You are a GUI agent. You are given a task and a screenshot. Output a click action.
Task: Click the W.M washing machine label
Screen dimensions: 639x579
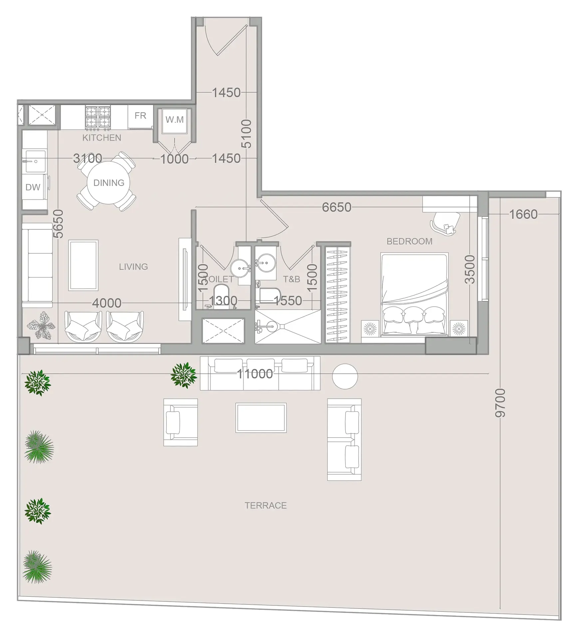coord(174,119)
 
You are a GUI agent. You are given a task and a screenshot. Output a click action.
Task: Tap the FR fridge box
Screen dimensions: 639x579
coord(140,116)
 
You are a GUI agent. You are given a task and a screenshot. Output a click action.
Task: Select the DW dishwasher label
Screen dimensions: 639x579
coord(33,187)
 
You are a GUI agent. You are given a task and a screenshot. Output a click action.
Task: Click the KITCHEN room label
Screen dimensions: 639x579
coord(102,138)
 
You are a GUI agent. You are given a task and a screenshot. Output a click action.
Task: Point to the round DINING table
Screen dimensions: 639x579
coord(108,183)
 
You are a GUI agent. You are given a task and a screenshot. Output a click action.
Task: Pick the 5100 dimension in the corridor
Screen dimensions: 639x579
coord(246,133)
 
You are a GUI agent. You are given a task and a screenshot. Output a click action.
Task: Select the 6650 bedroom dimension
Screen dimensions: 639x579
coord(336,207)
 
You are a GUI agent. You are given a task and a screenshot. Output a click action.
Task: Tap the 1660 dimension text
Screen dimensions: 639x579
coord(523,214)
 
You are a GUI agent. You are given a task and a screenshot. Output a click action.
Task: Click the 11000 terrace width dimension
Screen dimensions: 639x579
coord(255,374)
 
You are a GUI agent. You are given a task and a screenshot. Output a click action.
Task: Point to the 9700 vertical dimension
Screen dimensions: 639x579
coord(500,403)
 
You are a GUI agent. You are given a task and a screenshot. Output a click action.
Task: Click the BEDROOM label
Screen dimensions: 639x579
coord(409,241)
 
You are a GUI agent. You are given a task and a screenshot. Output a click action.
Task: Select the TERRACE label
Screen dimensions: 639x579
coord(265,506)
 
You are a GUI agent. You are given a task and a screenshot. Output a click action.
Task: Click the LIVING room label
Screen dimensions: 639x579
coord(133,267)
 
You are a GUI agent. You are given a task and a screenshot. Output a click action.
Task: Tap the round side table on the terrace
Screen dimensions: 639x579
coord(345,376)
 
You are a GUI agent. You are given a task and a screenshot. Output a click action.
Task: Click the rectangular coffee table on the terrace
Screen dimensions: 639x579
coord(261,418)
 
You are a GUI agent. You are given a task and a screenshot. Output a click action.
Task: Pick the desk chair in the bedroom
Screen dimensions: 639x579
coord(446,223)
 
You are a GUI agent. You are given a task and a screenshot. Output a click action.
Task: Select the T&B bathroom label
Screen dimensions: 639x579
coord(291,279)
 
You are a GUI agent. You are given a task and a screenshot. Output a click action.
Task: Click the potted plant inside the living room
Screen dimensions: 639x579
coord(42,325)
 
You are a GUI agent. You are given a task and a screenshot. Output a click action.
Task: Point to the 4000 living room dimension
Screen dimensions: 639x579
coord(107,303)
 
